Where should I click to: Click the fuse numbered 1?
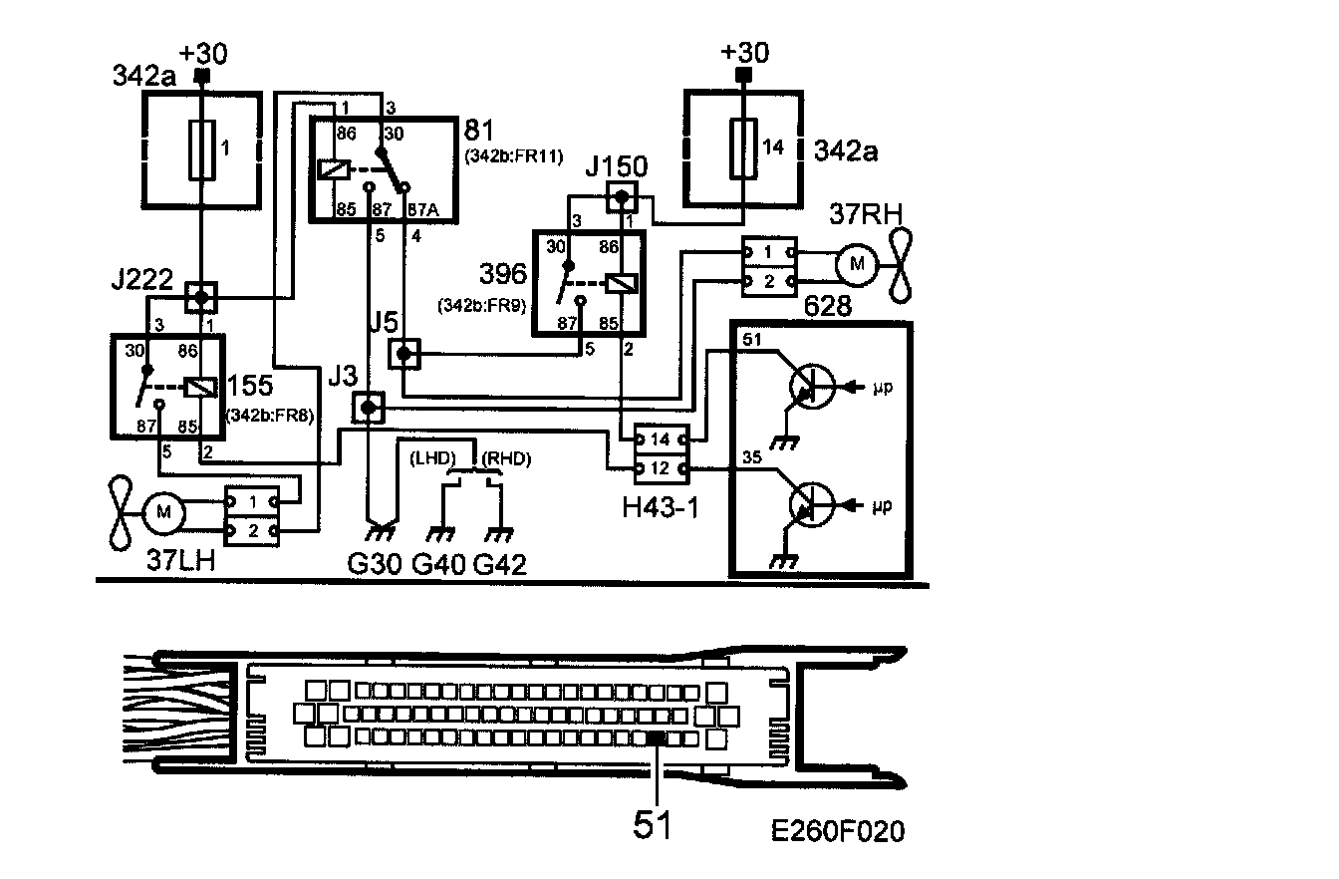[201, 148]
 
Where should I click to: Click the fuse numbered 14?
[742, 148]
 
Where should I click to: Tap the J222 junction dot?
[201, 297]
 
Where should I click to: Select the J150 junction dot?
[622, 196]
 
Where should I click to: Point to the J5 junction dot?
[403, 353]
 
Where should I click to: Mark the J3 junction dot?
[370, 408]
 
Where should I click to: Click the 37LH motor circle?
[162, 513]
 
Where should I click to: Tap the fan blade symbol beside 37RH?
[903, 264]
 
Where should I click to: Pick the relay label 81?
[480, 131]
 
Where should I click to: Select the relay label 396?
[502, 272]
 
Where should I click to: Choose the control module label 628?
[830, 306]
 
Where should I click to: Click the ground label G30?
[375, 565]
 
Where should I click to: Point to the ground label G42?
[499, 565]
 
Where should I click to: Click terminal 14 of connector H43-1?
[660, 439]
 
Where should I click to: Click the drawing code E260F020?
[837, 830]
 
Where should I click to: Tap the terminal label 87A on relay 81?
[423, 211]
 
